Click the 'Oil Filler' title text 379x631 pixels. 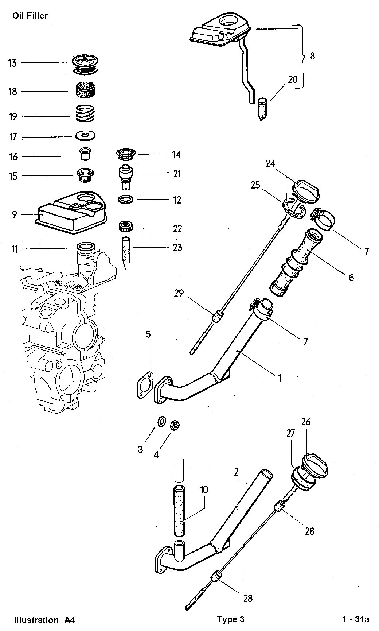pyautogui.click(x=30, y=16)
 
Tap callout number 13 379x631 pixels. pyautogui.click(x=12, y=63)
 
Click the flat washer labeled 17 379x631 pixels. pyautogui.click(x=86, y=136)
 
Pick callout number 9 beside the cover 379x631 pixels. pyautogui.click(x=14, y=214)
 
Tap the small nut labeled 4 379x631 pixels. pyautogui.click(x=175, y=425)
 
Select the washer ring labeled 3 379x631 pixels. pyautogui.click(x=161, y=421)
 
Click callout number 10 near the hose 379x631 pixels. pyautogui.click(x=204, y=489)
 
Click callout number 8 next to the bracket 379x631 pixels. pyautogui.click(x=312, y=56)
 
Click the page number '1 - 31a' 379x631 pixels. pyautogui.click(x=355, y=619)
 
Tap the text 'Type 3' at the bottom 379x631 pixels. pyautogui.click(x=231, y=619)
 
